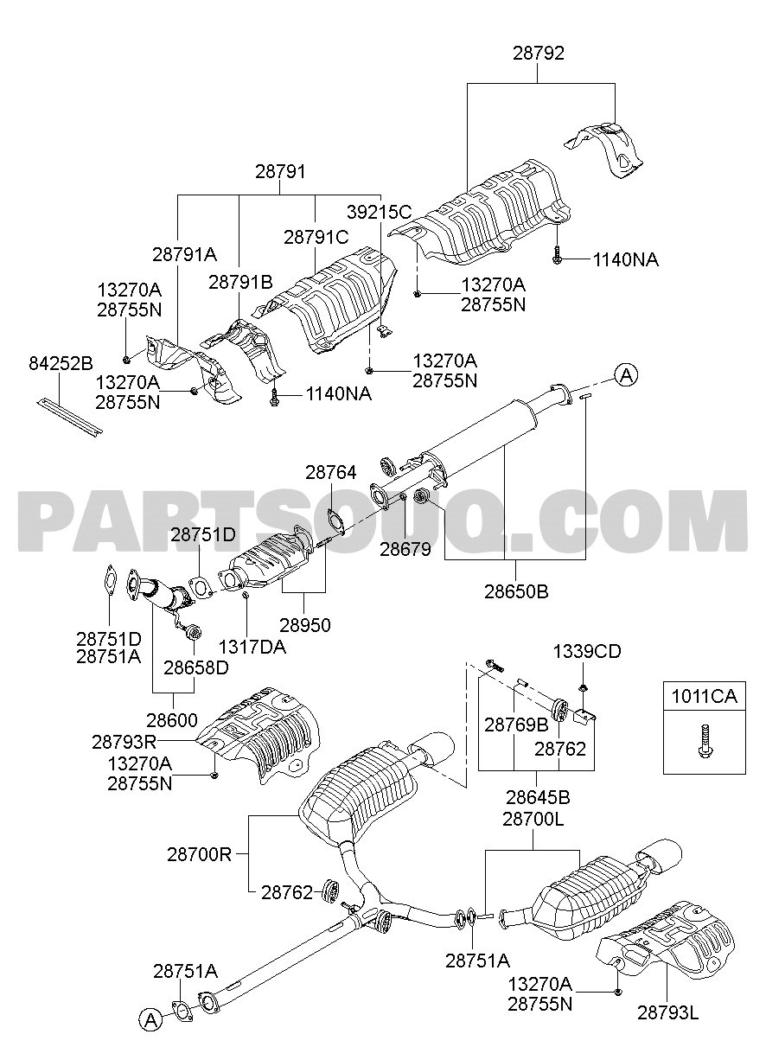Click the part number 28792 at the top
[538, 54]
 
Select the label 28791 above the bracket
[280, 172]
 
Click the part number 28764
[330, 472]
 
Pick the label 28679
[405, 548]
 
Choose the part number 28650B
[515, 592]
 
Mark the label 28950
[305, 623]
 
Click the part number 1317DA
[252, 646]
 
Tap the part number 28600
[172, 719]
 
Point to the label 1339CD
[588, 652]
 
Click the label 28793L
[667, 1011]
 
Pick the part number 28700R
[200, 854]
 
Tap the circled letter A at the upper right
[627, 374]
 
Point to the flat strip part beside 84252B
[69, 416]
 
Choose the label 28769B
[516, 725]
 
